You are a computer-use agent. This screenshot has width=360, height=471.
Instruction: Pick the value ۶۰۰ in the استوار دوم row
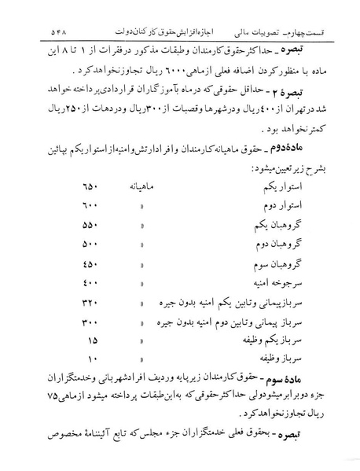pos(90,206)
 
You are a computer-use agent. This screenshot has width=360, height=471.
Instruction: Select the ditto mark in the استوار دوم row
pos(144,206)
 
